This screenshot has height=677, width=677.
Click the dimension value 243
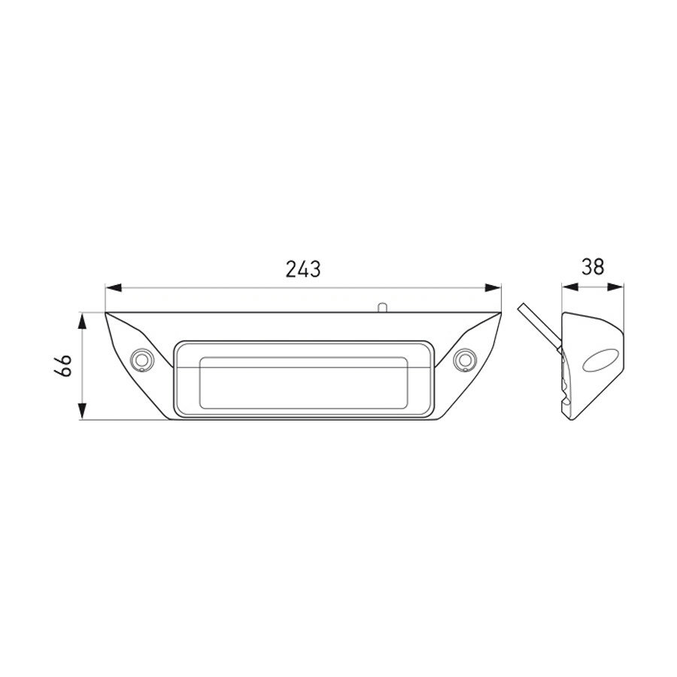point(303,269)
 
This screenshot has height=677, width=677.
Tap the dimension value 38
point(594,267)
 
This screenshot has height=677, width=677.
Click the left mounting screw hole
point(140,360)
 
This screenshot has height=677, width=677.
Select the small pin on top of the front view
point(383,307)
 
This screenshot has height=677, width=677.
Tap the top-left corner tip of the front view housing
point(106,313)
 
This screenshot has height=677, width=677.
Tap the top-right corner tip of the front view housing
point(501,313)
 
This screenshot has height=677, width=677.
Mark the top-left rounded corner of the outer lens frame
point(178,347)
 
